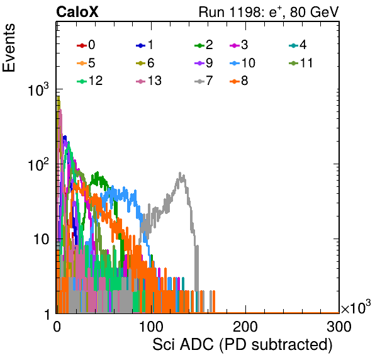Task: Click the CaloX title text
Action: (x=77, y=12)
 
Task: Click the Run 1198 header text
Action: (x=269, y=12)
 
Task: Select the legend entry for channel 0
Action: (x=86, y=45)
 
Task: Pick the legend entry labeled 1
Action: (x=145, y=45)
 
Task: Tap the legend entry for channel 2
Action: (x=204, y=45)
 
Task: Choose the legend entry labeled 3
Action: (x=239, y=45)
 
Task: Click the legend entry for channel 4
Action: (x=298, y=45)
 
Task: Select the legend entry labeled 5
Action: (x=86, y=63)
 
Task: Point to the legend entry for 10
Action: (x=242, y=63)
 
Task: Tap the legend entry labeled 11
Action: (x=301, y=63)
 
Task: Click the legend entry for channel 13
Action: (x=148, y=81)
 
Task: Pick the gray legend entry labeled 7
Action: (x=204, y=81)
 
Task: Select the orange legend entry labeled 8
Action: (x=239, y=81)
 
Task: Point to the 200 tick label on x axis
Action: (x=245, y=327)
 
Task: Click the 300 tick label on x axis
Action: (x=339, y=327)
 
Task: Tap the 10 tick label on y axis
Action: (x=42, y=239)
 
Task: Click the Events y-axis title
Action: (x=9, y=48)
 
